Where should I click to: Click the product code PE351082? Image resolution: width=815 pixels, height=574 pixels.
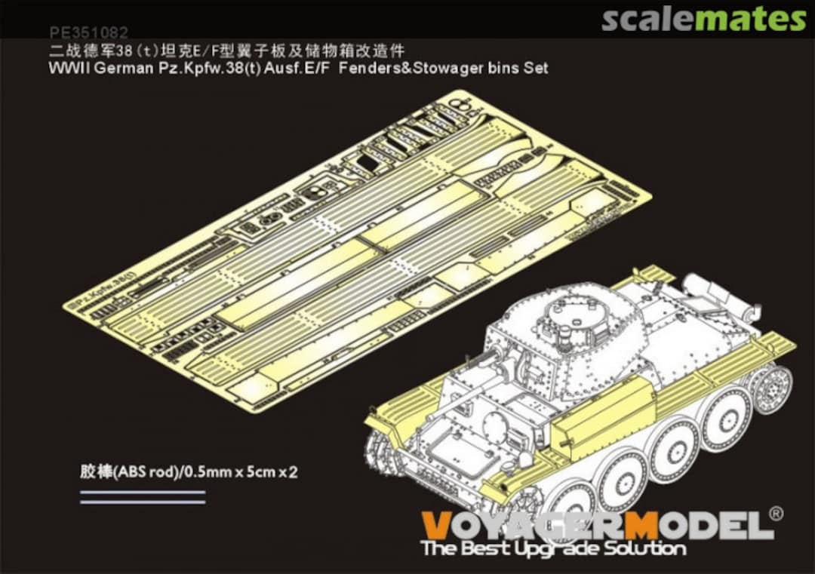click(x=88, y=33)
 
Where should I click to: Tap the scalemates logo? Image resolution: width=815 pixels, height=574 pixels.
click(x=703, y=19)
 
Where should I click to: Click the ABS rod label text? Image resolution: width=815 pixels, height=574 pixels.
click(x=189, y=473)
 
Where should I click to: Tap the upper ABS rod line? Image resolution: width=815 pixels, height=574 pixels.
click(x=143, y=492)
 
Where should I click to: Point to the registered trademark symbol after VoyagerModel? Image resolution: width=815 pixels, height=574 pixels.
click(x=776, y=514)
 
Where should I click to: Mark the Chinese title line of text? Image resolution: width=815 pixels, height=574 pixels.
click(x=226, y=51)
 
